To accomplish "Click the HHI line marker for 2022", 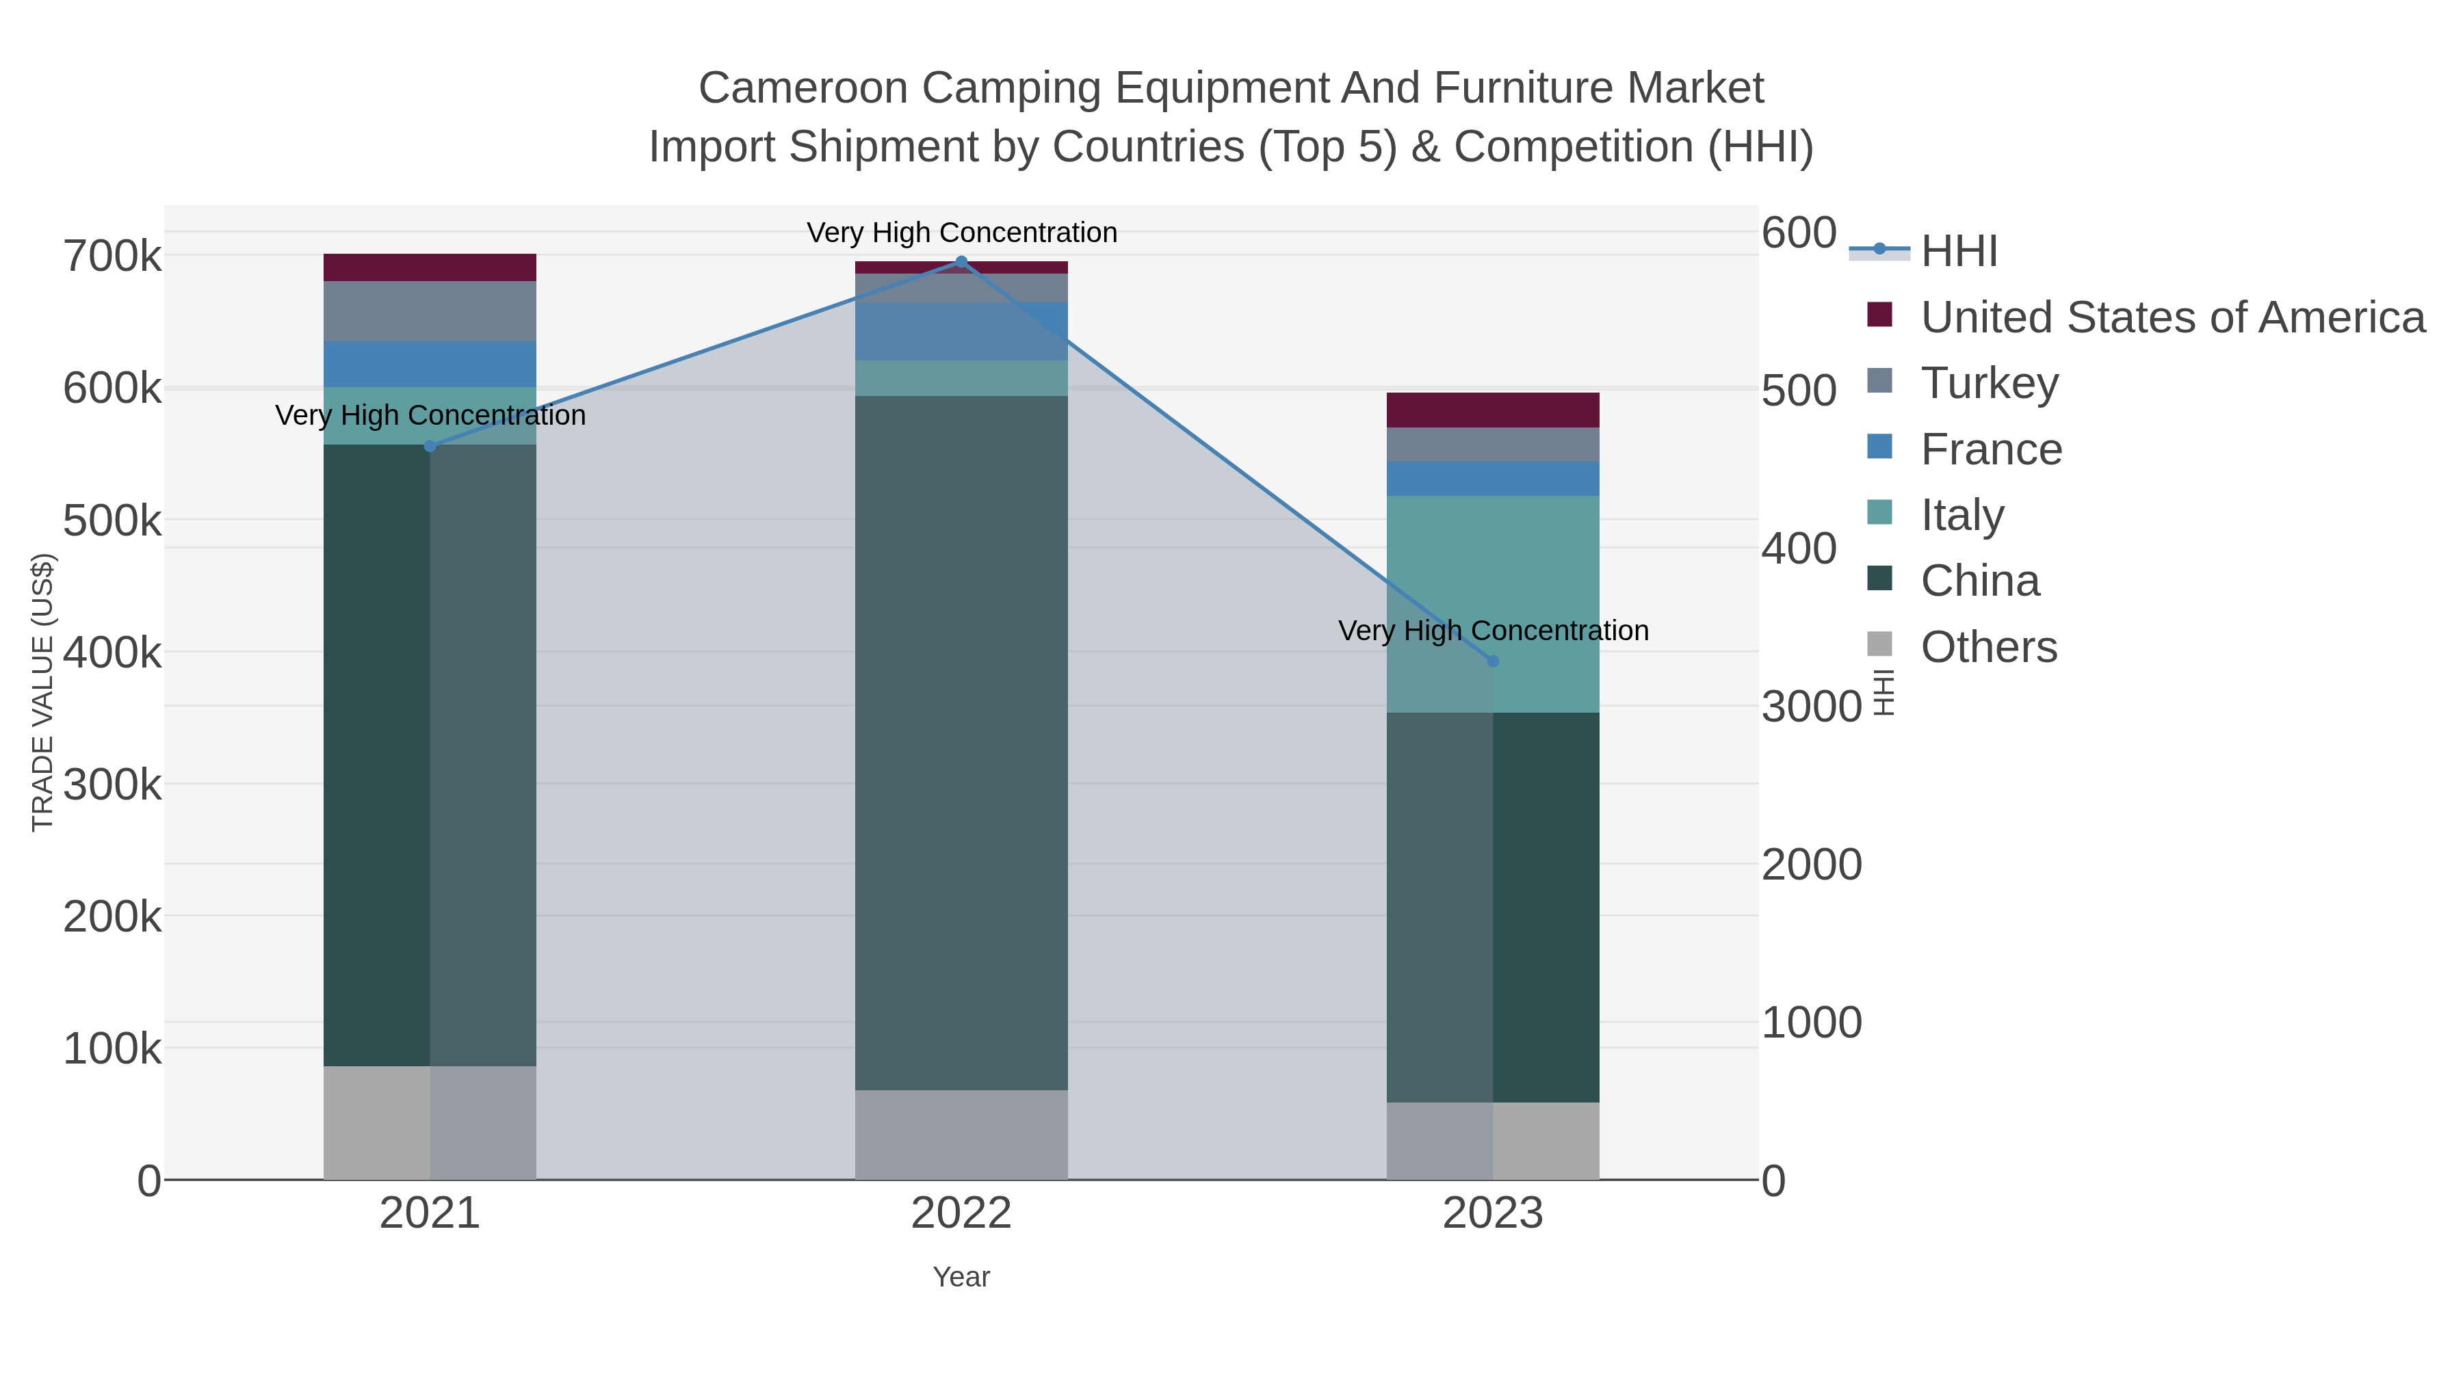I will tap(961, 262).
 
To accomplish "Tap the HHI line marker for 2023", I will tap(1493, 661).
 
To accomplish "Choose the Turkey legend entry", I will tap(1989, 383).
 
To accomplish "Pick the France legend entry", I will tap(1991, 449).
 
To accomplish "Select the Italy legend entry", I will tap(1962, 515).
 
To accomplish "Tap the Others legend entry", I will tap(1989, 647).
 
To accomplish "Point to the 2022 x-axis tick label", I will tap(961, 1214).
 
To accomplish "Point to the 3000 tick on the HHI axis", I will tap(1811, 707).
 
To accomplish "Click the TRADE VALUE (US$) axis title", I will tap(43, 692).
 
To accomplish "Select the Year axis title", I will tap(961, 1277).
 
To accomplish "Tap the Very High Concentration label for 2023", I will tap(1493, 631).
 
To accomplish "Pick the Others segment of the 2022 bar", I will tap(961, 1135).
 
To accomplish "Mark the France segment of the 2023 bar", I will tap(1493, 479).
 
